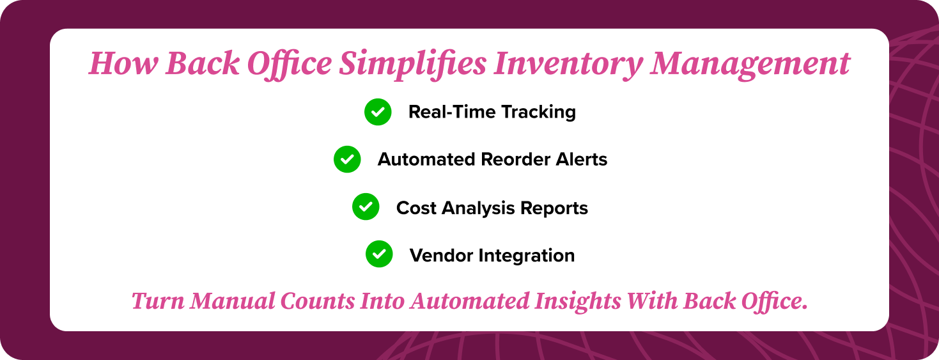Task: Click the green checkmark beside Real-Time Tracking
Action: (x=378, y=112)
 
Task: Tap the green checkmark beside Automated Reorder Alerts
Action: (x=347, y=159)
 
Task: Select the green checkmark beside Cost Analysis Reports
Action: (x=366, y=207)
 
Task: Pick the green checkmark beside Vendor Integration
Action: (x=379, y=254)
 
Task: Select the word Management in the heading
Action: (x=750, y=64)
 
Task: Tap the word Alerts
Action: (x=582, y=159)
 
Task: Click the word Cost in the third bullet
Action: (x=415, y=208)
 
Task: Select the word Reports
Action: (x=554, y=208)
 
